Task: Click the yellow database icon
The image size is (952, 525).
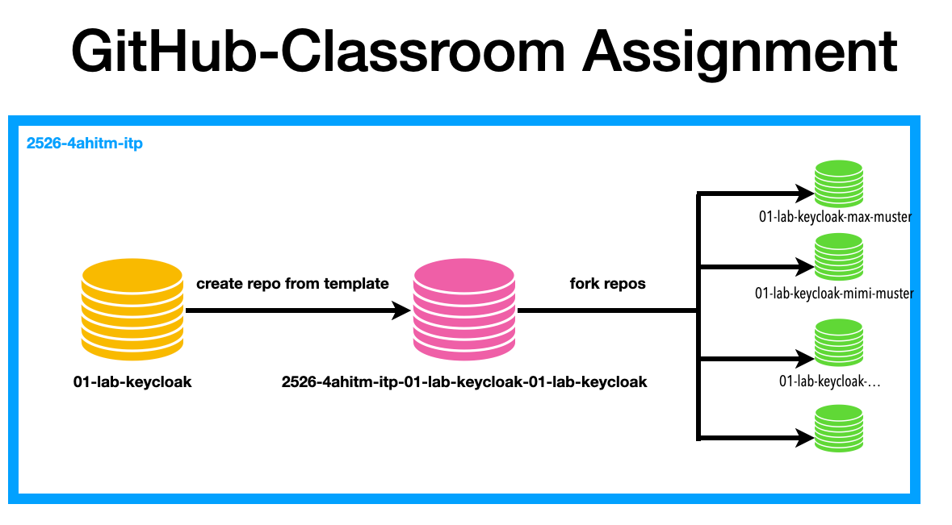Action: click(133, 310)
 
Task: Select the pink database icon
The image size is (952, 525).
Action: click(463, 310)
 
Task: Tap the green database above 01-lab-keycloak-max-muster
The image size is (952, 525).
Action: click(838, 185)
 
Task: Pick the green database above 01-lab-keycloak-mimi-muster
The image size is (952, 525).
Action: click(838, 257)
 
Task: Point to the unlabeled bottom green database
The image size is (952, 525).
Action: click(838, 428)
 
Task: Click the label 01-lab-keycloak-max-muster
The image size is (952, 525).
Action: click(835, 217)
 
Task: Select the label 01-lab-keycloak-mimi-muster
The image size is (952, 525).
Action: click(833, 294)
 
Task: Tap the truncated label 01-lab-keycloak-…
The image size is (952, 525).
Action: click(829, 381)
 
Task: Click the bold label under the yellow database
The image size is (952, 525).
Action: click(132, 381)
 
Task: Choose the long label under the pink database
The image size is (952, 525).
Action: click(464, 381)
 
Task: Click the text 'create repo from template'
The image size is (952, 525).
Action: click(292, 284)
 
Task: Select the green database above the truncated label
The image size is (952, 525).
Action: click(838, 344)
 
